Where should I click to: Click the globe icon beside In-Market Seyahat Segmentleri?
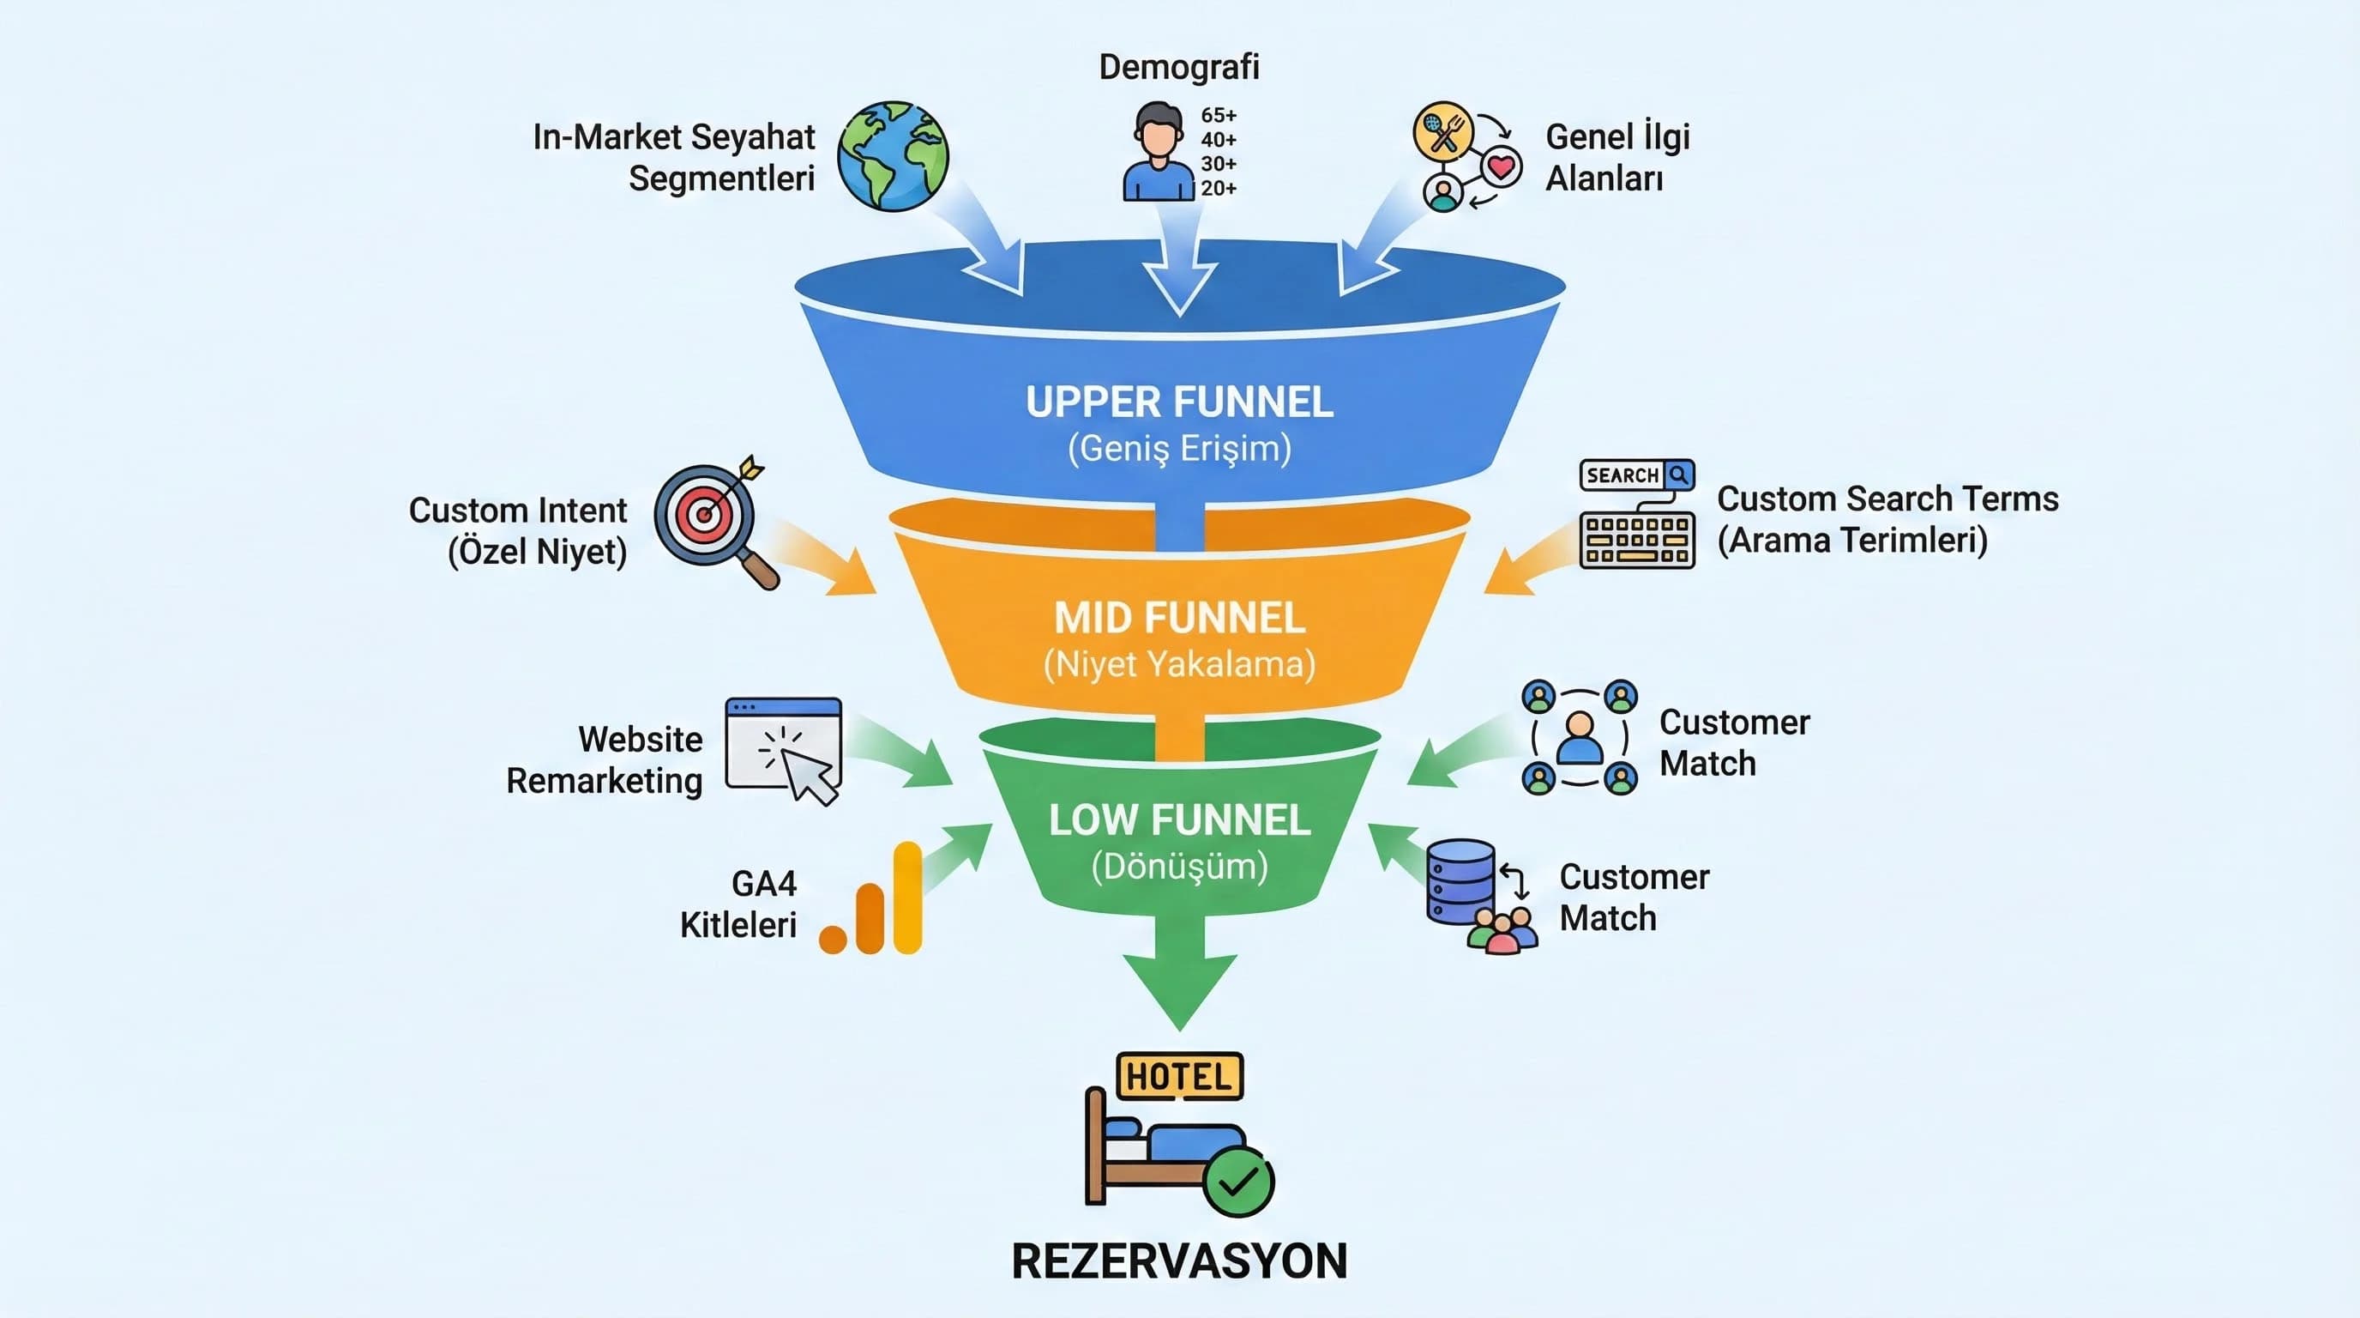coord(893,156)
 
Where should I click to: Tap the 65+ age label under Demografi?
coord(1219,116)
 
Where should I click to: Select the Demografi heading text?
coord(1179,67)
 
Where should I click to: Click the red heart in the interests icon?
coord(1501,166)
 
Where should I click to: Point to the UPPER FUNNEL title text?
coord(1179,402)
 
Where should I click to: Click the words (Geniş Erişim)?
coord(1179,449)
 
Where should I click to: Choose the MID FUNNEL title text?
coord(1179,618)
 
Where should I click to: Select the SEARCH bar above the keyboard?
coord(1636,475)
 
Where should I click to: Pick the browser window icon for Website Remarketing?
coord(783,747)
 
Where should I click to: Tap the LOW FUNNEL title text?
coord(1179,820)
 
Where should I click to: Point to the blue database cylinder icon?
coord(1460,880)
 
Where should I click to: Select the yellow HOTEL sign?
coord(1179,1077)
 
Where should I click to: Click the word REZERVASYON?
coord(1179,1261)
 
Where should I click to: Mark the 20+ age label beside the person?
coord(1219,189)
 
